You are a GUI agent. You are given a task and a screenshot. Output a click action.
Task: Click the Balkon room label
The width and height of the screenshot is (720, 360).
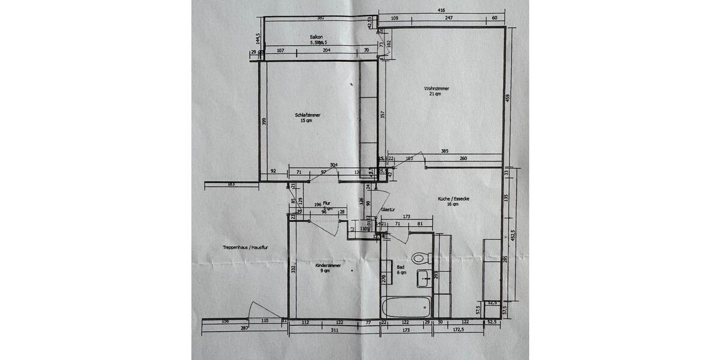(x=317, y=37)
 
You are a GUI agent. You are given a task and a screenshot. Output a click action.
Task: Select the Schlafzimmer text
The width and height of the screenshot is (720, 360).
(x=307, y=115)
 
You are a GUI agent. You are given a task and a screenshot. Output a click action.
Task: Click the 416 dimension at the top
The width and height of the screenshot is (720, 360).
(x=441, y=10)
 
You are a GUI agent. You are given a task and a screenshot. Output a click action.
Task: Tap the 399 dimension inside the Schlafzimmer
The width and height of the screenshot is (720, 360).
(x=264, y=121)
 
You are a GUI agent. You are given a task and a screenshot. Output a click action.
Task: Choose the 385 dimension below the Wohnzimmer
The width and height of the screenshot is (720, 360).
(x=444, y=151)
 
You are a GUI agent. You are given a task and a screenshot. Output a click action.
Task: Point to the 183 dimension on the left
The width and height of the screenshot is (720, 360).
(x=231, y=184)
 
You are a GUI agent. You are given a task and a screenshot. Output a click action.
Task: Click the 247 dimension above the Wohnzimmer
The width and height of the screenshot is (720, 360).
(x=448, y=19)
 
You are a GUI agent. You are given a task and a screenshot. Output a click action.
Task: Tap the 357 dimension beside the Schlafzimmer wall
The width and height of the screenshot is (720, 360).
(x=382, y=114)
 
